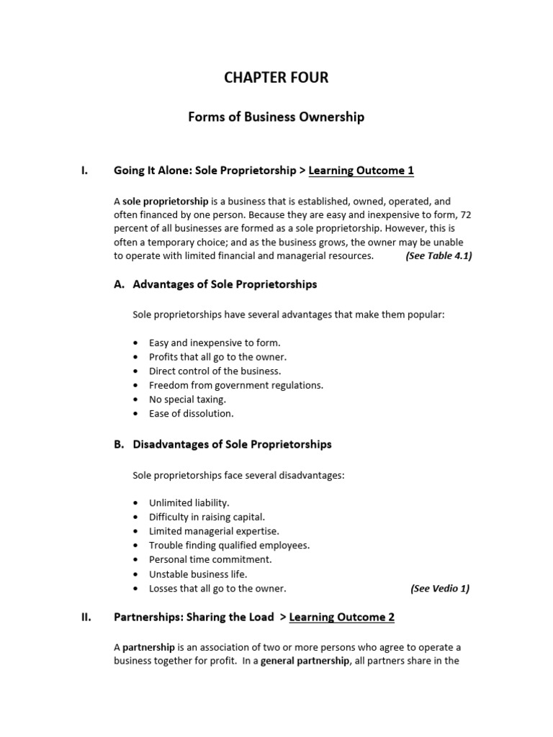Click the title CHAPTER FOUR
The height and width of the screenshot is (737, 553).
pos(276,78)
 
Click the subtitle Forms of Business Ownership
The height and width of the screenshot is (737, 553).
pos(276,117)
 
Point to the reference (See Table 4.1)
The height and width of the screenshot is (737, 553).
pos(439,256)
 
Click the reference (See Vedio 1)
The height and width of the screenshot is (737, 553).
pos(439,588)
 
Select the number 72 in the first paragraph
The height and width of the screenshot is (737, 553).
pos(464,214)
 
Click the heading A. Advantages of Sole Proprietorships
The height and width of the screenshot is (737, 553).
pos(215,284)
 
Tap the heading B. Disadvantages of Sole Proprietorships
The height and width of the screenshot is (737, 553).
pos(222,444)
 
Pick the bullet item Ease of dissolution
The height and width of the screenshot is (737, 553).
pos(191,413)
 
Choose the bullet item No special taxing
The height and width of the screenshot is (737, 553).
pos(187,399)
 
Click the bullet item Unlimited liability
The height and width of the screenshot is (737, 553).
pos(189,502)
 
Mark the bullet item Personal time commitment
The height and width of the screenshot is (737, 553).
pos(210,559)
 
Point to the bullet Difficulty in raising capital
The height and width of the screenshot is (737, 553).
pos(207,517)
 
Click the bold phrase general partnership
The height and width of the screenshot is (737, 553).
pos(305,661)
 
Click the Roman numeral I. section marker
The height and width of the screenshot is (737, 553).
pos(84,171)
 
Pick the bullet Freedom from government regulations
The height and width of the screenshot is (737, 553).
pos(235,385)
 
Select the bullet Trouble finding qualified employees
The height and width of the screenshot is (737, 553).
pos(229,545)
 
